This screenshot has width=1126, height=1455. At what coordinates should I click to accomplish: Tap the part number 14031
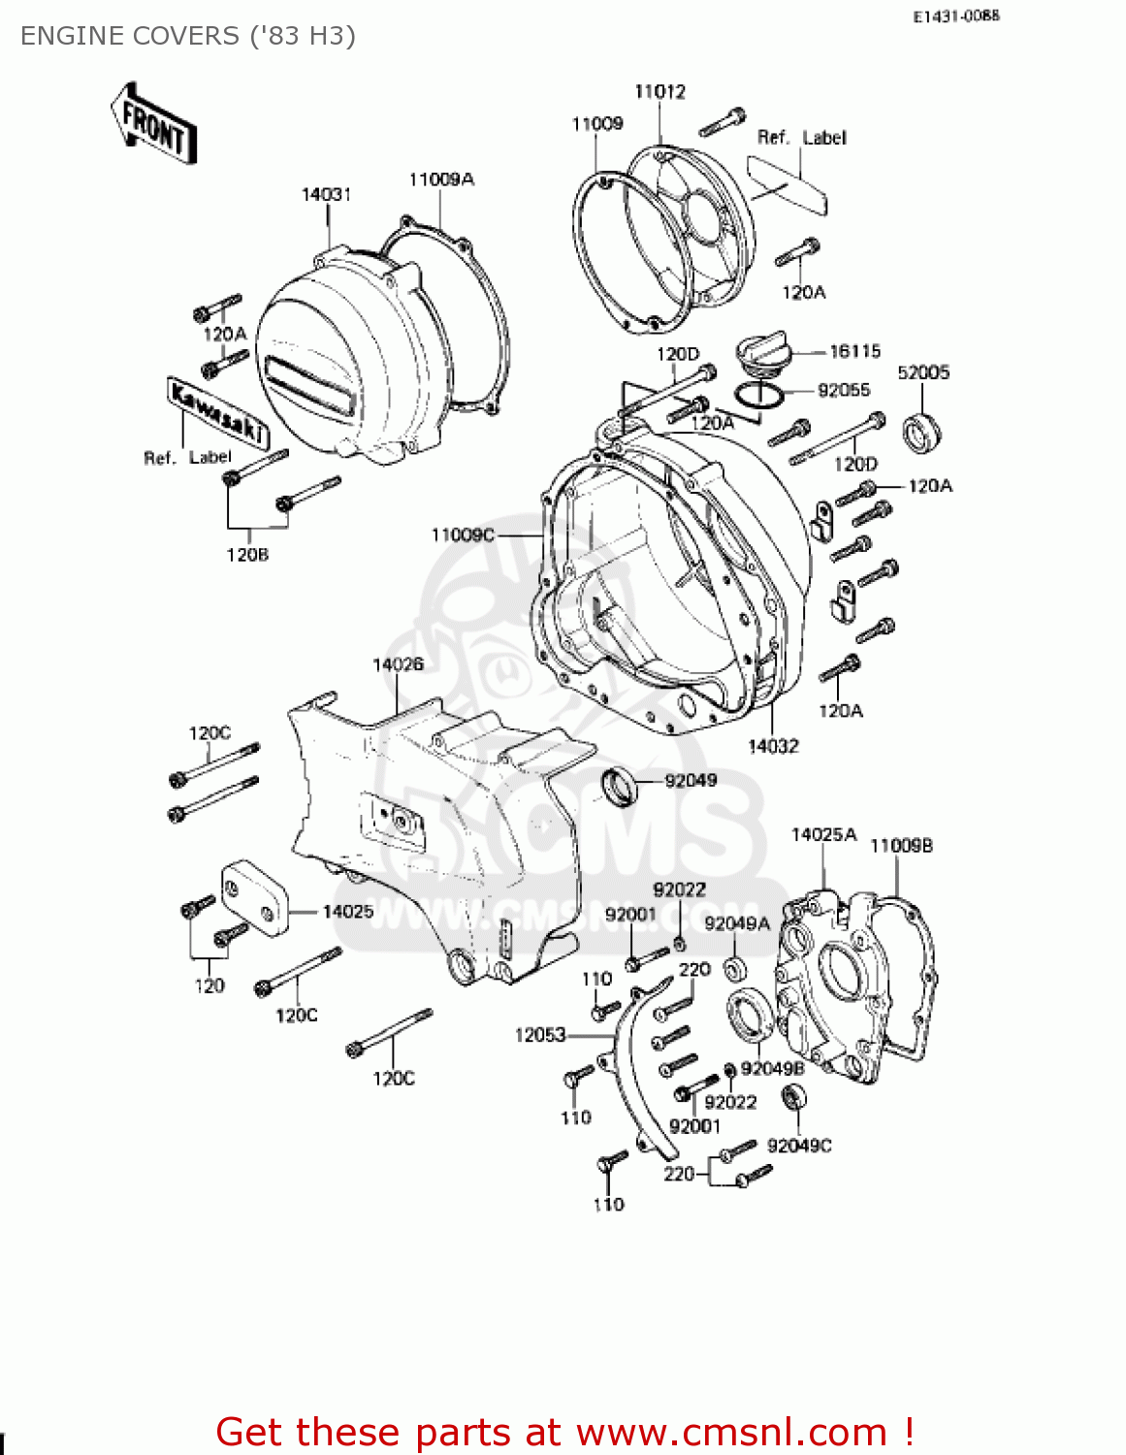point(326,195)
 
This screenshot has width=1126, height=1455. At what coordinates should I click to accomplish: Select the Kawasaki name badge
point(218,412)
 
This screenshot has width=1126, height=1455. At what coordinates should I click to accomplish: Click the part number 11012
point(660,92)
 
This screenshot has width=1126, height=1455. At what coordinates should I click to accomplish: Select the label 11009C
point(463,534)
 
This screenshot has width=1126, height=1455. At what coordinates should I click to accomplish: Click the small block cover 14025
point(255,898)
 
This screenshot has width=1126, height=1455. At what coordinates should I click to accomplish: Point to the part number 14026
point(398,664)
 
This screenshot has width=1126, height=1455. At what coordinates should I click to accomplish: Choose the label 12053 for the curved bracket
point(540,1035)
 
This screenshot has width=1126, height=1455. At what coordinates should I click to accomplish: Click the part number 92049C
point(799,1146)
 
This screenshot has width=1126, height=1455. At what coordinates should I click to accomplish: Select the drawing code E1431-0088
point(955,16)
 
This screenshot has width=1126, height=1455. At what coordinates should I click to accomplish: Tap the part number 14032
point(773,746)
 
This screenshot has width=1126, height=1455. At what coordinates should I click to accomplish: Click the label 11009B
point(901,846)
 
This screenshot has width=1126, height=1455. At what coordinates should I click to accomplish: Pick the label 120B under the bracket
point(247,555)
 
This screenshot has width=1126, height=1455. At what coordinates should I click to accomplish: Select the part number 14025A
point(824,835)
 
